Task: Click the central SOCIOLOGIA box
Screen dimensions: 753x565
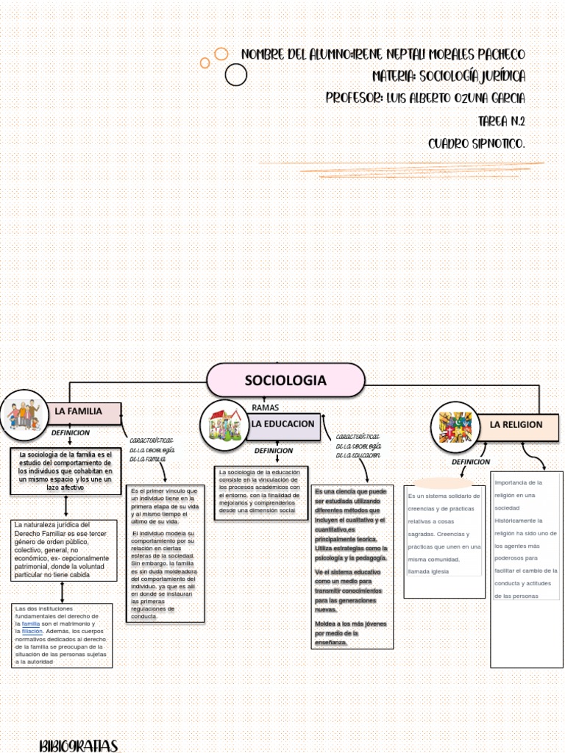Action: (x=285, y=380)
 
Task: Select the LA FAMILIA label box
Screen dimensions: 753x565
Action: (x=84, y=412)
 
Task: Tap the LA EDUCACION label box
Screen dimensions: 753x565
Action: (x=283, y=425)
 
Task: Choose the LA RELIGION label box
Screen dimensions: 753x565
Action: (x=522, y=425)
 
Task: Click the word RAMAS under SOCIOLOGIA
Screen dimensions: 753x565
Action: (x=266, y=407)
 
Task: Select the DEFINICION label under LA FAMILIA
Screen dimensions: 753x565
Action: (x=71, y=433)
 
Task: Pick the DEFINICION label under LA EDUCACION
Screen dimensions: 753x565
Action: (x=274, y=451)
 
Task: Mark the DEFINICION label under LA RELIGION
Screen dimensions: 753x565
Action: (x=471, y=462)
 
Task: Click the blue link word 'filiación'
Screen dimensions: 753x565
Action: (x=32, y=631)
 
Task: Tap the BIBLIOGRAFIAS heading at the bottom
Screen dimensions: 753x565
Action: (x=79, y=746)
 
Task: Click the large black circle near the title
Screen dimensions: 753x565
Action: (x=236, y=74)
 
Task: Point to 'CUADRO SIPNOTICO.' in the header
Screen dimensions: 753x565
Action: (x=477, y=143)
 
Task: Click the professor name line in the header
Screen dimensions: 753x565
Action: (x=425, y=99)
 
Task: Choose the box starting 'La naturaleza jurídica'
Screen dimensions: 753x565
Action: (x=63, y=550)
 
